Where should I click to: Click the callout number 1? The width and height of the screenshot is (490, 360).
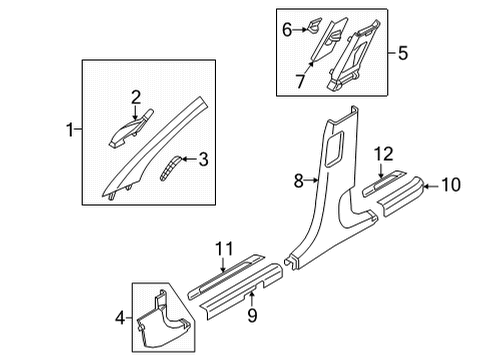(x=70, y=129)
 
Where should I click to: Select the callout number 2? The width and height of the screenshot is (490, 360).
(x=136, y=98)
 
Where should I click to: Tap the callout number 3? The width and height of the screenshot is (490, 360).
(x=203, y=159)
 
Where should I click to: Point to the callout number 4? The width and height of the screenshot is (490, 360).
(x=120, y=318)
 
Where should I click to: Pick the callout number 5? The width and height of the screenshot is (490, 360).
(x=403, y=53)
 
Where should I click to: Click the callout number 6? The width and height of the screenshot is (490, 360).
(x=287, y=30)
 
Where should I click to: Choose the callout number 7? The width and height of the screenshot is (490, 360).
(x=300, y=81)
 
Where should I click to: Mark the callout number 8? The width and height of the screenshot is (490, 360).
(x=299, y=181)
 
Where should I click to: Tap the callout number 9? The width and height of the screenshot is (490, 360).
(x=252, y=315)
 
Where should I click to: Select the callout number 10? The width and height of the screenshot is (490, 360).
(x=451, y=185)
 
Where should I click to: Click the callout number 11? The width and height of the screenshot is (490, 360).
(x=224, y=249)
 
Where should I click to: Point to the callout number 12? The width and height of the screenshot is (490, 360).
(x=383, y=155)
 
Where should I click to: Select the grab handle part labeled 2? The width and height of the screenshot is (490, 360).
(x=131, y=130)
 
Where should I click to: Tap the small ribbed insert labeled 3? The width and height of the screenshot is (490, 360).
(x=170, y=168)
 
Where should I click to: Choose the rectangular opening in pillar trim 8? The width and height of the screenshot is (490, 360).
(x=334, y=148)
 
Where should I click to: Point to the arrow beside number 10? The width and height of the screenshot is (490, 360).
(x=431, y=186)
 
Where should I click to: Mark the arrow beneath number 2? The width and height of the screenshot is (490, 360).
(x=135, y=113)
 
